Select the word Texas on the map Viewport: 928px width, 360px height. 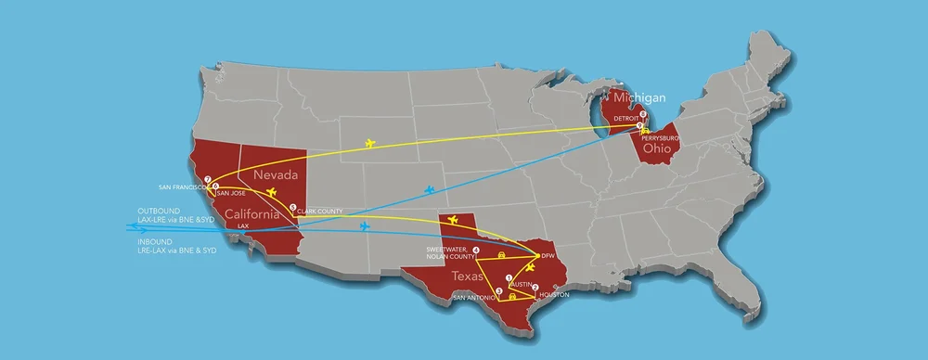point(467,276)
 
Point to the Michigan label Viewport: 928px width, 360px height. point(636,97)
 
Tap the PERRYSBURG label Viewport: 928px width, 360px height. point(662,137)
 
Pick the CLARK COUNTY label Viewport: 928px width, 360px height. point(319,212)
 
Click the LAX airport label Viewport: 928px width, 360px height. point(243,225)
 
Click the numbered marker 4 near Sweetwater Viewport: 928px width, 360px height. point(476,250)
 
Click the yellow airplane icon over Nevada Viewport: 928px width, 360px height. point(272,192)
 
